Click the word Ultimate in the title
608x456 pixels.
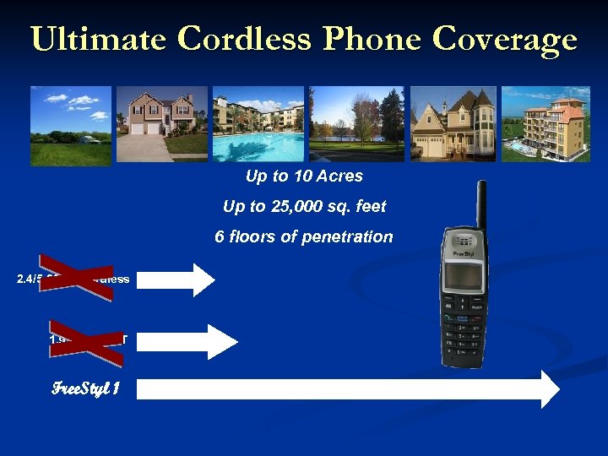tap(98, 39)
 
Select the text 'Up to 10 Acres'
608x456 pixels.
tap(304, 176)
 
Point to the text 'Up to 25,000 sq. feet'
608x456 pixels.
tap(304, 206)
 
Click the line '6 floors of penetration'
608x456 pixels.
tap(304, 236)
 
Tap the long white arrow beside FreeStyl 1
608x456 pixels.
tap(346, 389)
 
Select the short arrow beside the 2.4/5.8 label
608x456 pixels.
tap(176, 280)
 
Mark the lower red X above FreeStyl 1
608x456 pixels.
tap(85, 340)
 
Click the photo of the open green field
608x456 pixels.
tap(71, 124)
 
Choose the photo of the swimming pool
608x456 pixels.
tap(258, 124)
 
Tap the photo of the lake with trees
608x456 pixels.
tap(356, 124)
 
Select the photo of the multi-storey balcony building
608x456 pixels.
tap(546, 124)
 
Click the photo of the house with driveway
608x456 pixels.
tap(162, 124)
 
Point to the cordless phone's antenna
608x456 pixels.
tap(481, 206)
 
